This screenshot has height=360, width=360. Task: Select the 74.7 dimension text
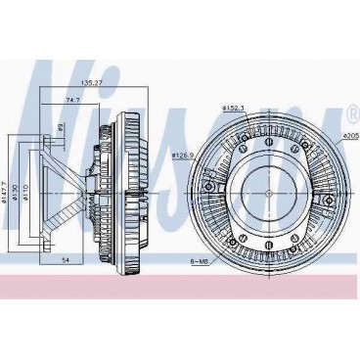coord(72,100)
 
